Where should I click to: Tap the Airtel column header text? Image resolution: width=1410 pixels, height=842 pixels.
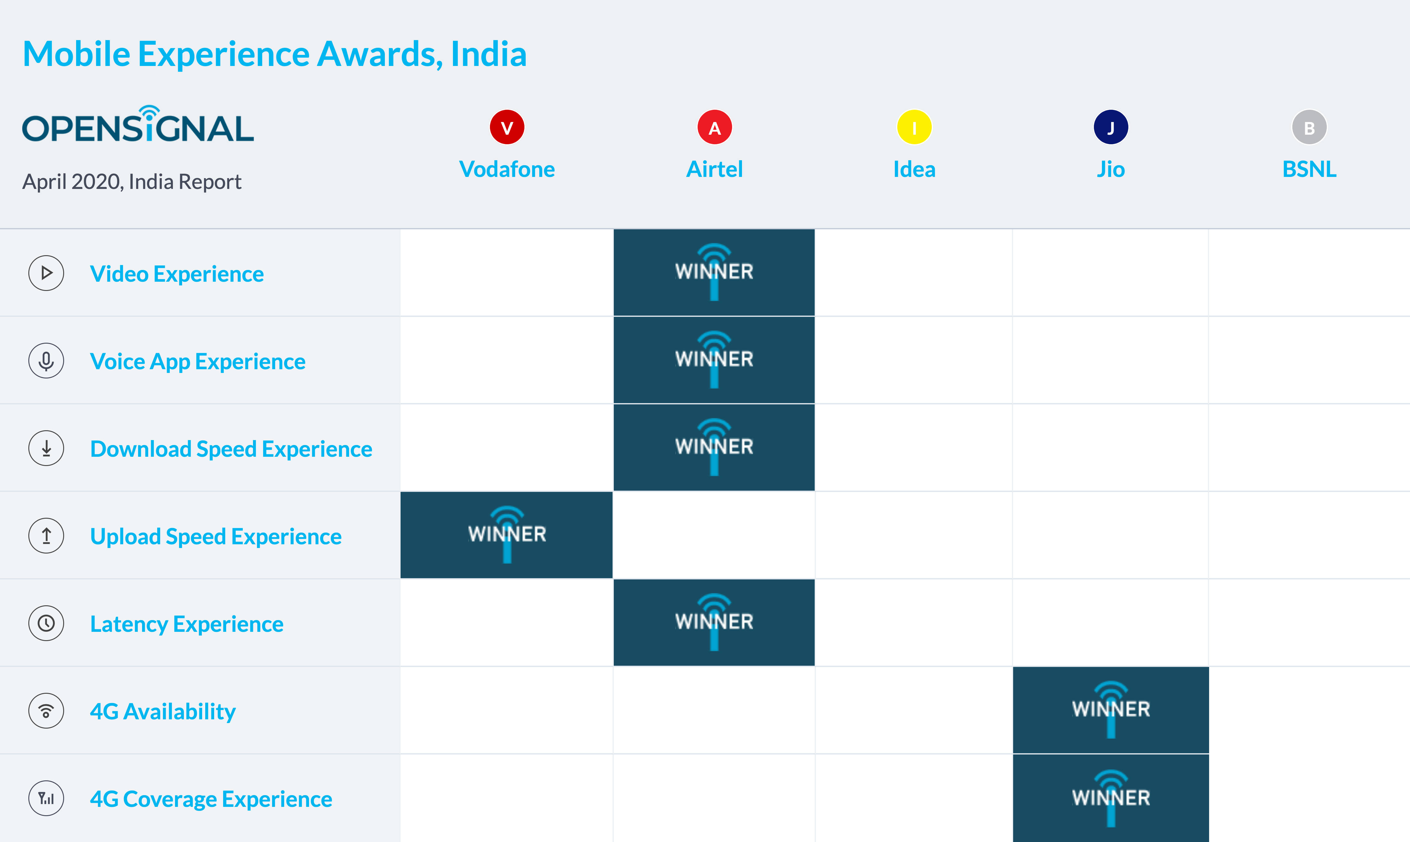click(714, 169)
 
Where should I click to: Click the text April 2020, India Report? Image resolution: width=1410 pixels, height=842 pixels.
click(132, 182)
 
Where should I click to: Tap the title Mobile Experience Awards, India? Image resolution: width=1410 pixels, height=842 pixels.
click(275, 55)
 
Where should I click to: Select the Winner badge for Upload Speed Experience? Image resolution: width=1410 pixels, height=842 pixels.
click(507, 534)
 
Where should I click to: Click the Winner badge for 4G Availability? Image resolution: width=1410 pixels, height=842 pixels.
click(1110, 710)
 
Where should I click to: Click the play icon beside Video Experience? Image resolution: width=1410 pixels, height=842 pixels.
click(46, 273)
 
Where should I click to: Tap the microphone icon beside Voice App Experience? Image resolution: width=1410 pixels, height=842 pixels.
click(46, 361)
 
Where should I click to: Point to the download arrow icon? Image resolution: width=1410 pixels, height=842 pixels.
click(46, 448)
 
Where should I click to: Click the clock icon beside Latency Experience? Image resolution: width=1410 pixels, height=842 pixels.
click(46, 623)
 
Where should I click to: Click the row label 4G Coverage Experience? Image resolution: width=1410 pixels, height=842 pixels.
click(211, 799)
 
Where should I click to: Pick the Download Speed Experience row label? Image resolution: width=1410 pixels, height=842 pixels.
click(231, 449)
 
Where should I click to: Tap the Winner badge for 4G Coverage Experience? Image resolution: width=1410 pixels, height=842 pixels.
click(1110, 798)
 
